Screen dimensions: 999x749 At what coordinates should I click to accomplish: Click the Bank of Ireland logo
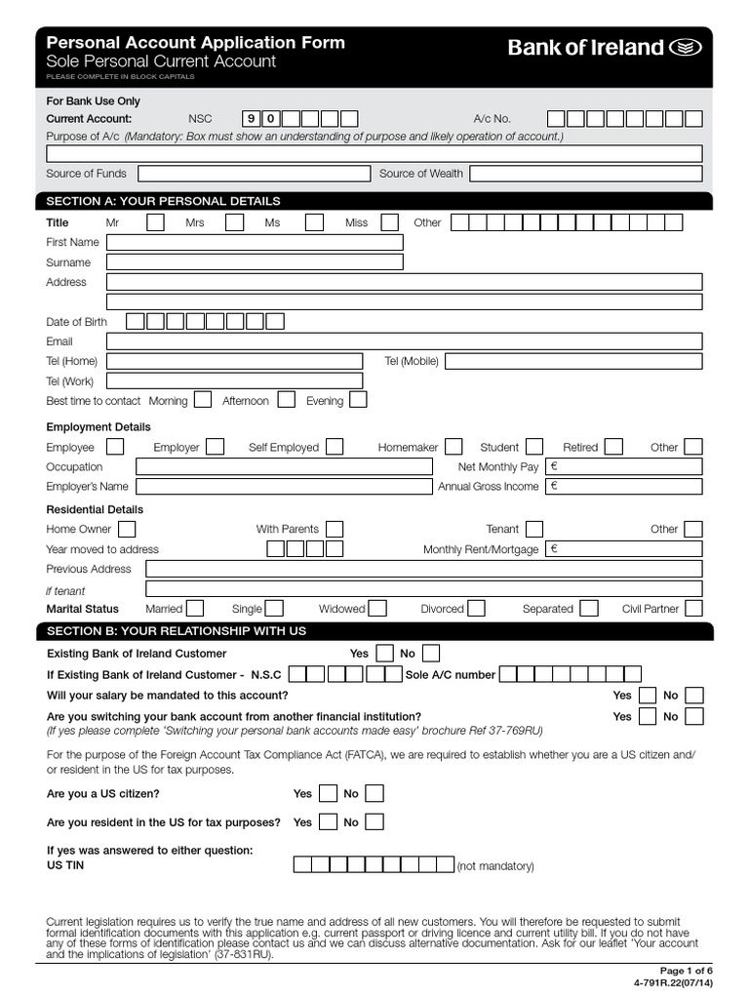pos(603,48)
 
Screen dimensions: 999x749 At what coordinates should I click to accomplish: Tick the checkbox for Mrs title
pos(234,222)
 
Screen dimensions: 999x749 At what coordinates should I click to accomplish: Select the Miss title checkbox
pos(389,222)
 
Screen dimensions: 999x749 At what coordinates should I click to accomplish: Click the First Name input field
pos(254,242)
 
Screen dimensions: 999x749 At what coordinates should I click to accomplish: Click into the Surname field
pos(254,262)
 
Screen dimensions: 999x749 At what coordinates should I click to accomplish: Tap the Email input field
pos(404,341)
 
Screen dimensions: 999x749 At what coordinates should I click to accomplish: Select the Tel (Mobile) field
pos(572,361)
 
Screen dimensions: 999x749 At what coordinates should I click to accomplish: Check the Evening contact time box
pos(358,400)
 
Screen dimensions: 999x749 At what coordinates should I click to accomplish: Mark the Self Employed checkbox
pos(335,447)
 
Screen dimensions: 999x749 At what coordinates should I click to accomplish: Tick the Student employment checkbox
pos(533,447)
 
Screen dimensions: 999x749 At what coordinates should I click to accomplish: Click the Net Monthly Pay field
pos(624,466)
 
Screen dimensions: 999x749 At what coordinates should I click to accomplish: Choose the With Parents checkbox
pos(335,529)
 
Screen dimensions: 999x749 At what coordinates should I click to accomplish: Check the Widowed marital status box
pos(377,609)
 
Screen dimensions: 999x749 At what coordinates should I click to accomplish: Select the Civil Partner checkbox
pos(693,609)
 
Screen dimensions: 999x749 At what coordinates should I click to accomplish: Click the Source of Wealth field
pos(585,174)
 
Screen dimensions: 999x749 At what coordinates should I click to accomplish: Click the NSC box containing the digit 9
pos(252,119)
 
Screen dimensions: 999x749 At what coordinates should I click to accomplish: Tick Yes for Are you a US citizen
pos(329,793)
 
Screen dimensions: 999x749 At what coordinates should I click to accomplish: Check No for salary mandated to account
pos(693,696)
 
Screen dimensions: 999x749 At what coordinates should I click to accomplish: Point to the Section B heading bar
pos(374,631)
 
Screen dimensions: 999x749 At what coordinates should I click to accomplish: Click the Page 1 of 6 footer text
pos(687,971)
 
